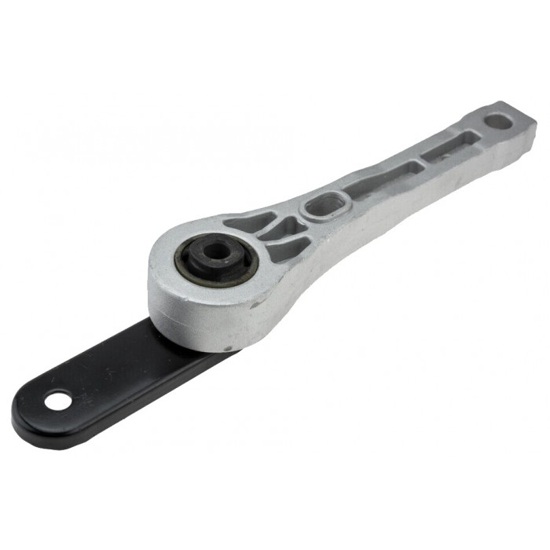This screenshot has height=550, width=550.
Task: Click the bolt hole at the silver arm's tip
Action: [497, 122]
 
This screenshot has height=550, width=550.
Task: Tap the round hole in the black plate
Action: [55, 401]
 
